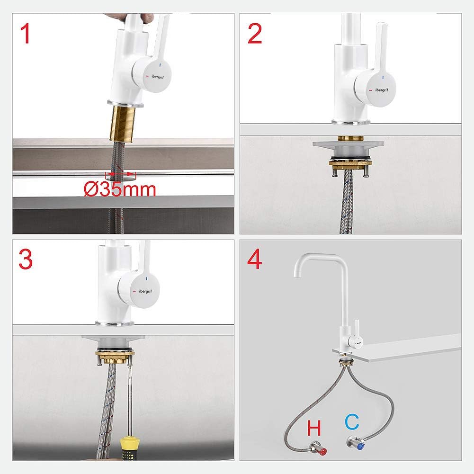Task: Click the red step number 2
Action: [255, 34]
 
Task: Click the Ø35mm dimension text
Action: [120, 189]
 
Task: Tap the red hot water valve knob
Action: [322, 452]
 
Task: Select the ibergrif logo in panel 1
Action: [158, 77]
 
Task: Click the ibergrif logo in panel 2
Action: [382, 90]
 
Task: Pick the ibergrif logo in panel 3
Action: [145, 291]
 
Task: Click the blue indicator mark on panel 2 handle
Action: [383, 78]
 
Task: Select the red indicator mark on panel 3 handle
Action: [134, 292]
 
